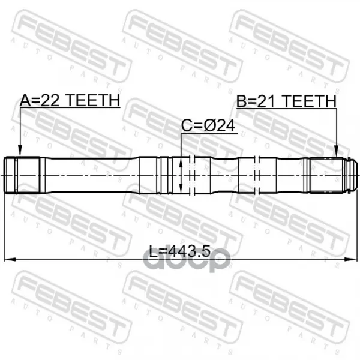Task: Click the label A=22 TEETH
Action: (x=70, y=100)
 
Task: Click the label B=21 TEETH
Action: (x=287, y=101)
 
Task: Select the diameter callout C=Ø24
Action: (x=208, y=125)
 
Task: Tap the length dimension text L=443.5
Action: (x=180, y=251)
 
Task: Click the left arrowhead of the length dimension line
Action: (x=10, y=259)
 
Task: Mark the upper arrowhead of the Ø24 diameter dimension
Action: (x=181, y=163)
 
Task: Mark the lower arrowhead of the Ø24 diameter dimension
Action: (x=181, y=187)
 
